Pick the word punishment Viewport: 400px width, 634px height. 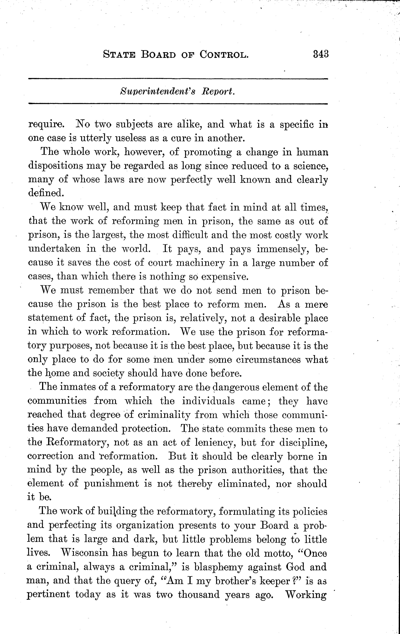pos(111,484)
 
